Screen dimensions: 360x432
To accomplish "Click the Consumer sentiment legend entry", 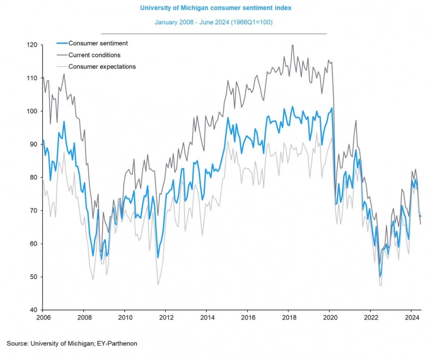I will click(97, 43).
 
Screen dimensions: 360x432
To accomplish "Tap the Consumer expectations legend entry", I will click(102, 66).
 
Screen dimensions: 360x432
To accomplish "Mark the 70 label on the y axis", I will click(32, 211).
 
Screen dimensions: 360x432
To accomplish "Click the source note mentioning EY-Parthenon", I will click(72, 343).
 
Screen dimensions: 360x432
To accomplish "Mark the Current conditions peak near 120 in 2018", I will click(292, 46).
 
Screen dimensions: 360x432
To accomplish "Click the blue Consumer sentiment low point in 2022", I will click(380, 277).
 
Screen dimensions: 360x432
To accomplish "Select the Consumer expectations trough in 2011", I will click(158, 284).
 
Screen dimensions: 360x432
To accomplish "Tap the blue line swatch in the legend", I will click(62, 43).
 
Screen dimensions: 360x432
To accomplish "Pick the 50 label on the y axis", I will click(32, 277).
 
